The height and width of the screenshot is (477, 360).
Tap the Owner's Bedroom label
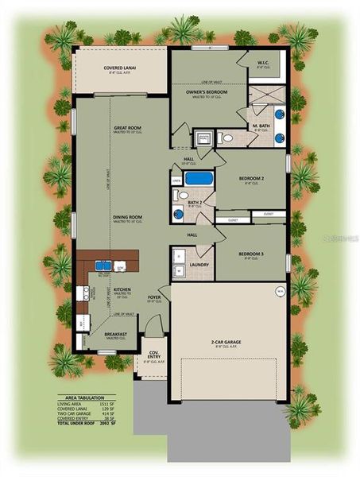(x=207, y=93)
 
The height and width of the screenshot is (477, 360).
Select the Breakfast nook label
(x=117, y=335)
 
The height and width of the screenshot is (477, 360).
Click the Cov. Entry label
(x=153, y=358)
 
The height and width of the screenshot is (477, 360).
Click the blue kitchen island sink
(x=104, y=266)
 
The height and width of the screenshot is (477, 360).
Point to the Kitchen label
(x=122, y=290)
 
